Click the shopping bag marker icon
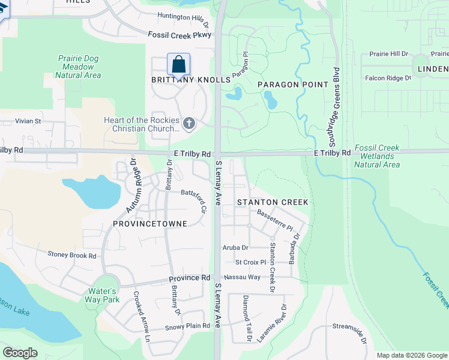(178, 64)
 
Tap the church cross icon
(189, 124)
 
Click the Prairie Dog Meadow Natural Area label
(78, 67)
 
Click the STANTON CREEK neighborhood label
(273, 202)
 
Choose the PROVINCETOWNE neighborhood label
(149, 224)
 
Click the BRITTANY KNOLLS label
(191, 80)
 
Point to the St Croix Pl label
(250, 262)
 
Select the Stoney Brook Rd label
(72, 256)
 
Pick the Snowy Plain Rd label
(188, 326)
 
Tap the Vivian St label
(28, 121)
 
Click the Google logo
(20, 352)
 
